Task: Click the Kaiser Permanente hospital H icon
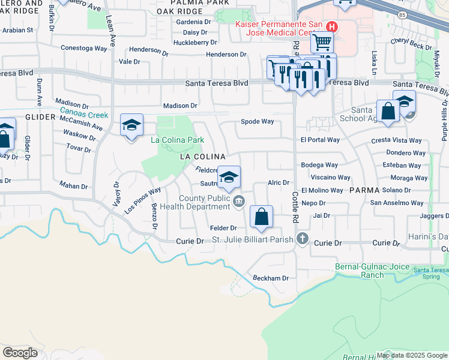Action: (331, 27)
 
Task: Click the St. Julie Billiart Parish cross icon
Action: (302, 239)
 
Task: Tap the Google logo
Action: (20, 352)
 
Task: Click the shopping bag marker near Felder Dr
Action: (261, 217)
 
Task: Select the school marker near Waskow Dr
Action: (131, 125)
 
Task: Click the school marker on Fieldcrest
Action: (228, 177)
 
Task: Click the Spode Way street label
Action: (257, 121)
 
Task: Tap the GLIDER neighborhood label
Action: (40, 117)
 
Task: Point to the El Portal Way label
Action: (320, 140)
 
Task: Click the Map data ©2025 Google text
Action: (412, 355)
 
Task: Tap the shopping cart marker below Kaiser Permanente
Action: (322, 43)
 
